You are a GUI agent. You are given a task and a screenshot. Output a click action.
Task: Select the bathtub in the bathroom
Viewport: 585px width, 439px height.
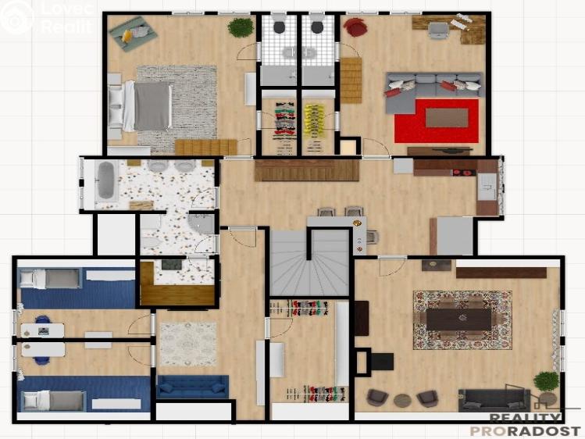click(x=105, y=181)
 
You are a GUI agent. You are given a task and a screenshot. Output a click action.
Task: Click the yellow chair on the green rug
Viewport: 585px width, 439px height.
click(x=127, y=35)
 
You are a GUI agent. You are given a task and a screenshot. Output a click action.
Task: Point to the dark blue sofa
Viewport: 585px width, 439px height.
click(x=192, y=387)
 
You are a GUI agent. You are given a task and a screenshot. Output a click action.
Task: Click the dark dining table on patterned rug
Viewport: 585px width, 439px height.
click(x=459, y=319)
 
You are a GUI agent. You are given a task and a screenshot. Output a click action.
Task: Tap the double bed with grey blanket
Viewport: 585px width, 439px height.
click(x=140, y=106)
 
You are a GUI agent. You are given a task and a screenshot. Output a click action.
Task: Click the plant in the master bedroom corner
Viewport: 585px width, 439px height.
click(x=241, y=27)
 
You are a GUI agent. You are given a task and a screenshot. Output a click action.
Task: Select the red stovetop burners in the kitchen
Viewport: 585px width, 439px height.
click(x=464, y=173)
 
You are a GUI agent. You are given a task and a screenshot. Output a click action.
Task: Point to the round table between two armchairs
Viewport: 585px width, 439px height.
click(x=402, y=400)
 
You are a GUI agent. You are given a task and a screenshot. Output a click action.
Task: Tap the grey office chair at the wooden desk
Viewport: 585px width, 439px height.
click(x=438, y=30)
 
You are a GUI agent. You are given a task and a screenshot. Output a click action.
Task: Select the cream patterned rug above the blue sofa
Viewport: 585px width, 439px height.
click(x=188, y=344)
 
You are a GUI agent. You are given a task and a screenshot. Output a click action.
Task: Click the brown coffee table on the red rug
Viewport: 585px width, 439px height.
click(x=447, y=117)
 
